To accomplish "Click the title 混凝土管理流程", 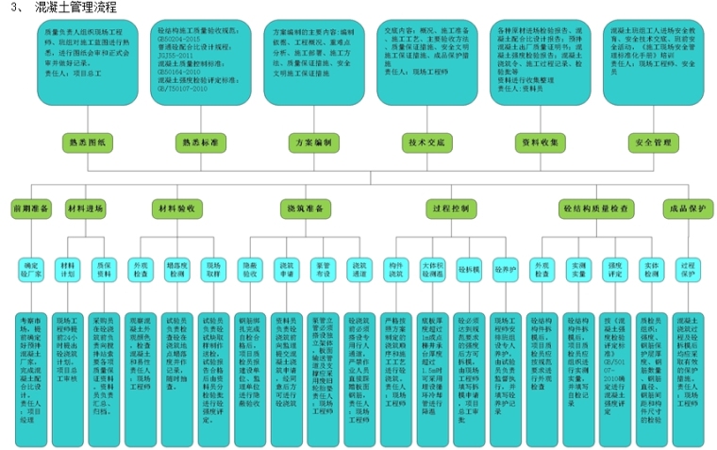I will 77,8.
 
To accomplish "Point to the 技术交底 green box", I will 425,142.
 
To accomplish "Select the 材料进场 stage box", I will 86,207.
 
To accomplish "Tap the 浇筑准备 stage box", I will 308,207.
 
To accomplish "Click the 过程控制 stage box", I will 449,207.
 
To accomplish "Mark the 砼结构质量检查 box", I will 596,207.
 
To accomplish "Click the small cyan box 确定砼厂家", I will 32,268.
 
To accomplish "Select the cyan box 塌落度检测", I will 177,268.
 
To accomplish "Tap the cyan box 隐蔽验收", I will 249,268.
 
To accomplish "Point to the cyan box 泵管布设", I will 322,268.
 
